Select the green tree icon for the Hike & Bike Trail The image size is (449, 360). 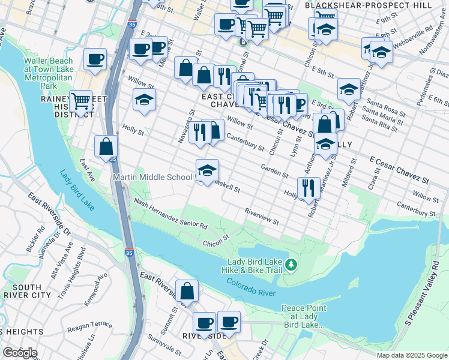[291, 264]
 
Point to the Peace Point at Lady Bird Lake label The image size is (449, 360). [304, 316]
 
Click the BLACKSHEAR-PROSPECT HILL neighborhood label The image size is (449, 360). [368, 5]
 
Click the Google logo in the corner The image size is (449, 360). [20, 352]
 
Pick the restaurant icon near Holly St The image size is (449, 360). [309, 187]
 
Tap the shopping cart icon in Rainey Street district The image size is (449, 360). [80, 101]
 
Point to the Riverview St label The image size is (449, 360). [262, 217]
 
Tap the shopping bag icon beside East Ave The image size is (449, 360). [106, 146]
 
